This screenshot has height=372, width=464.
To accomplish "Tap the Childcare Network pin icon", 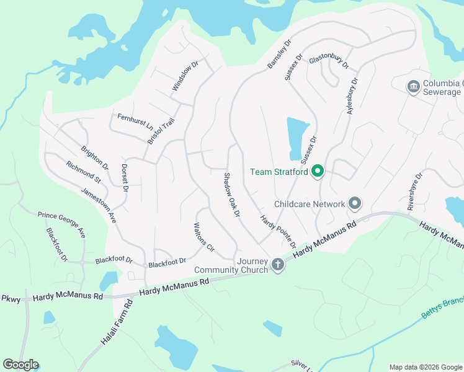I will coord(355,203).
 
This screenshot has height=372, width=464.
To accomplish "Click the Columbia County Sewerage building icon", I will coord(414,86).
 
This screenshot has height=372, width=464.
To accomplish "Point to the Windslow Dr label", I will coord(185,76).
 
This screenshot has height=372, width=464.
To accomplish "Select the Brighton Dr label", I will coord(95,158).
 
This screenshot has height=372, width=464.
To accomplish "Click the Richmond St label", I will coord(83,172).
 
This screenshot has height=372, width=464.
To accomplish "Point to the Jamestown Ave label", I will coord(99,202).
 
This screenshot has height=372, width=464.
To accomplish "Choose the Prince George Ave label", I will coord(61,224).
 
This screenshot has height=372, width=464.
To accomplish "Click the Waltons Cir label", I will coord(204,236).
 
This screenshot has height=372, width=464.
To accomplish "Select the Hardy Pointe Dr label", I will coord(278,231).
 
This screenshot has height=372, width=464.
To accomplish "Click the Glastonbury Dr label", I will coord(329,60).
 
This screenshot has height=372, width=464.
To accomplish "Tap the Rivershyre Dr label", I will coord(415,192).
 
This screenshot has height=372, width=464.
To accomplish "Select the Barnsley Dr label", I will coord(279,55).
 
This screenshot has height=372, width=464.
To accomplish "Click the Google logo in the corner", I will coord(20,365).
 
